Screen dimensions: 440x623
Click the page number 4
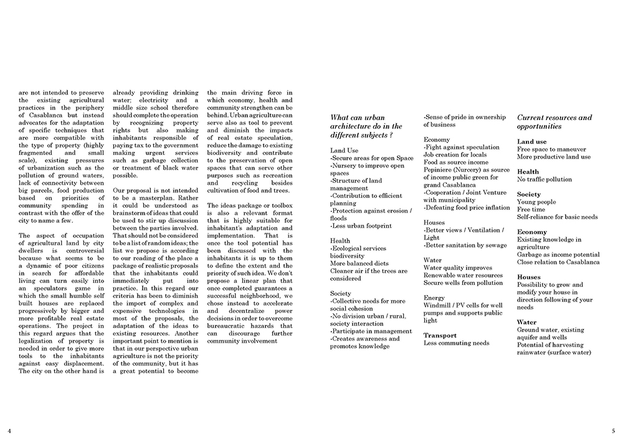(x=9, y=430)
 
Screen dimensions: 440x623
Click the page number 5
(x=613, y=430)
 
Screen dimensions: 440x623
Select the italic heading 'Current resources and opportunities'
(x=554, y=121)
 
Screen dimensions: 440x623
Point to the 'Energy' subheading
(x=434, y=297)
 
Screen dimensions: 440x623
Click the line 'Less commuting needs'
(x=456, y=343)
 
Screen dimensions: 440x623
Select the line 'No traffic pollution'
(x=544, y=179)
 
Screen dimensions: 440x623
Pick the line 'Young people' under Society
(x=536, y=202)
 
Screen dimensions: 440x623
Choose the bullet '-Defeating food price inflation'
(x=467, y=208)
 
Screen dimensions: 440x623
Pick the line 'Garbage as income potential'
(x=558, y=255)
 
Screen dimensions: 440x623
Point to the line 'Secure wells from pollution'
(x=463, y=283)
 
